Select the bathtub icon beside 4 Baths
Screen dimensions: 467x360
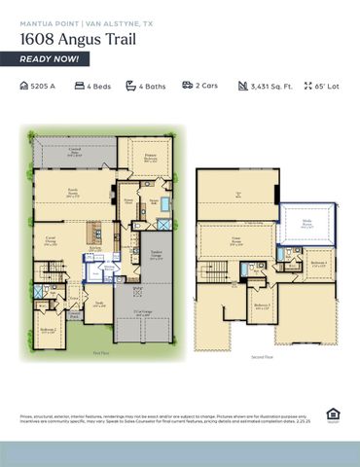click(x=131, y=87)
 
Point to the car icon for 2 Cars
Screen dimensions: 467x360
click(x=186, y=87)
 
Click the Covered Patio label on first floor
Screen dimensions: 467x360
click(x=74, y=151)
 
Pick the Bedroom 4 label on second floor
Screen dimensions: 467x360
click(x=317, y=264)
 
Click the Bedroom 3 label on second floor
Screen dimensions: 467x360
click(x=262, y=307)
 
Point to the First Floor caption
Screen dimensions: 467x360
click(x=100, y=353)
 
